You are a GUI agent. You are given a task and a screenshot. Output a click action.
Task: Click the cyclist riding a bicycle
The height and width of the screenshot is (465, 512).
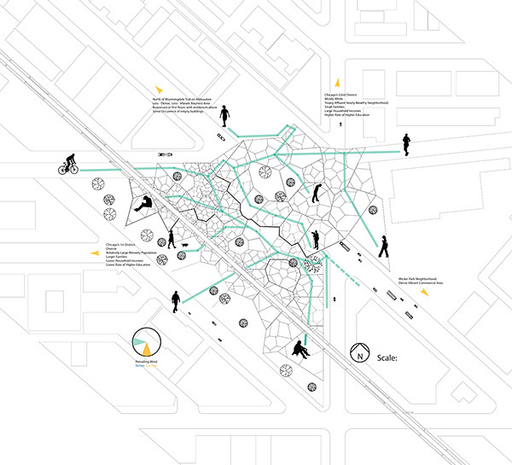point(68,164)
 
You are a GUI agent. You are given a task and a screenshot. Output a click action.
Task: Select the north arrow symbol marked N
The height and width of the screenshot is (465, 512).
point(360,352)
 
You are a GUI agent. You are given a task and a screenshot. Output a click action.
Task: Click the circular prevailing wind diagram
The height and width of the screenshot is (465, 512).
point(146,343)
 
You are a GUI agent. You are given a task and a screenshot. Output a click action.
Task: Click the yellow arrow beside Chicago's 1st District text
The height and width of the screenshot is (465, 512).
point(95,254)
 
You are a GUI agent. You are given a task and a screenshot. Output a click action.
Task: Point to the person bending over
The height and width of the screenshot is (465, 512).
point(317,194)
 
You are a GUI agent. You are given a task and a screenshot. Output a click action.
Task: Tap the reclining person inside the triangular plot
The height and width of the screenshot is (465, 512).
point(145,203)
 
